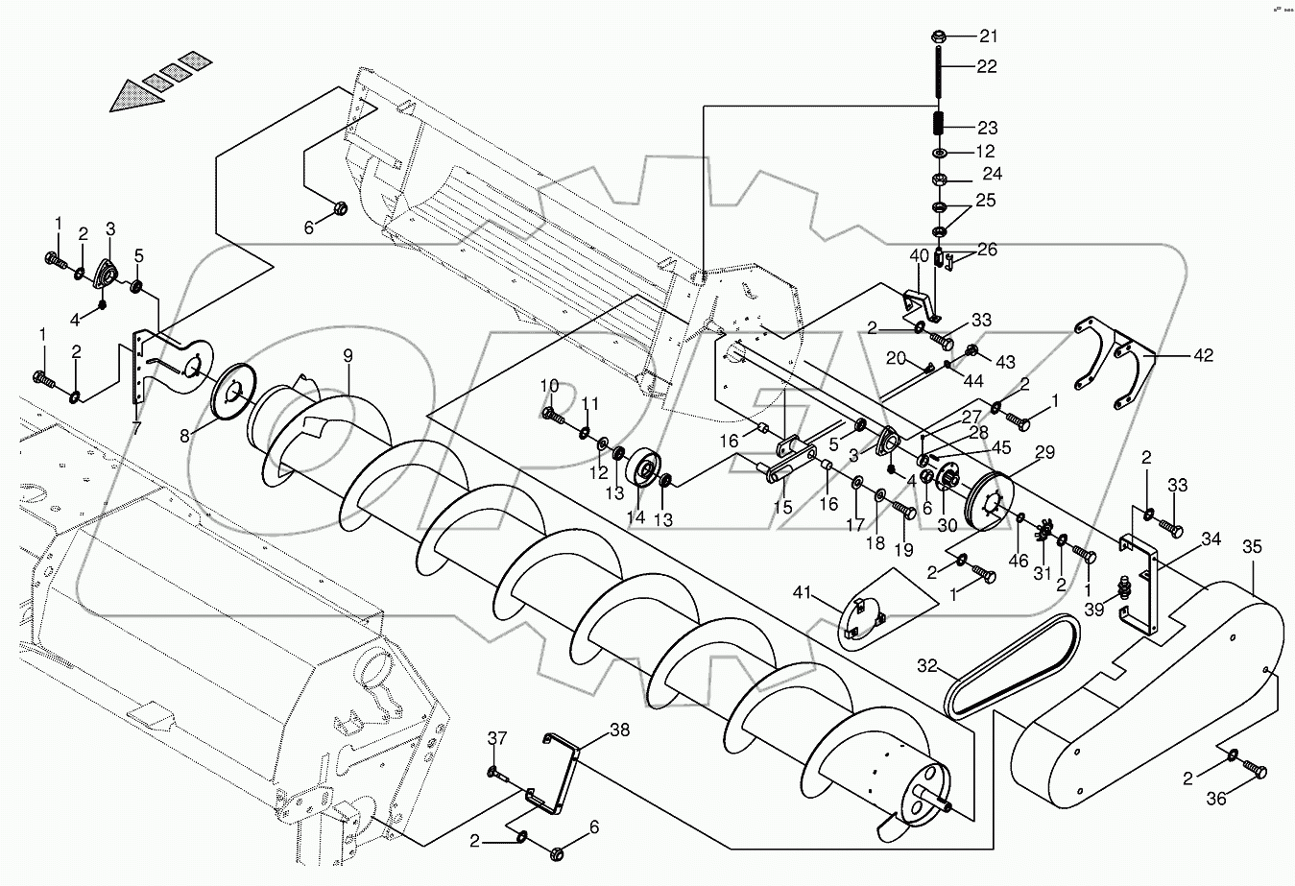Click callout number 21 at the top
pyautogui.click(x=988, y=36)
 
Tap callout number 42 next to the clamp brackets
pyautogui.click(x=1204, y=355)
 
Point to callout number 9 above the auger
pyautogui.click(x=348, y=356)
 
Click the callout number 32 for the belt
pyautogui.click(x=926, y=665)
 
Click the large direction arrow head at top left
pyautogui.click(x=132, y=97)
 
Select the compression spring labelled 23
pyautogui.click(x=940, y=125)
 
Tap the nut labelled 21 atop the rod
pyautogui.click(x=940, y=37)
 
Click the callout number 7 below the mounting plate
pyautogui.click(x=136, y=429)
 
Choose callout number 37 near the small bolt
pyautogui.click(x=495, y=738)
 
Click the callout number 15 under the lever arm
pyautogui.click(x=782, y=507)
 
